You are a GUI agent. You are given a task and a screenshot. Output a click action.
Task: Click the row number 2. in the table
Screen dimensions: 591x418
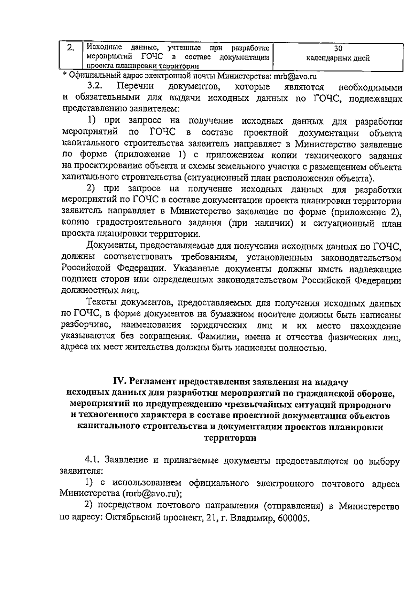[70, 48]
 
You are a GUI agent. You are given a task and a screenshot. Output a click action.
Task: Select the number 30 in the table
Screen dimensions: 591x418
[338, 49]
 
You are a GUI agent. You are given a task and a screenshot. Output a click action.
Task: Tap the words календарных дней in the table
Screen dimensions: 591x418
[338, 58]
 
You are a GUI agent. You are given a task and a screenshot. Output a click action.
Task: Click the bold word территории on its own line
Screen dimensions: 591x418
[230, 438]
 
